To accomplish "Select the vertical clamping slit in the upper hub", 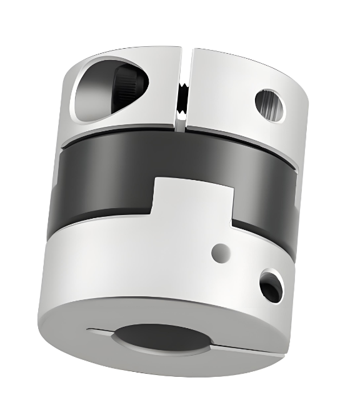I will point(182,87).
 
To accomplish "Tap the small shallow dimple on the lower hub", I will point(219,253).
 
